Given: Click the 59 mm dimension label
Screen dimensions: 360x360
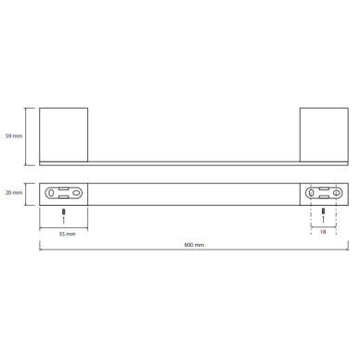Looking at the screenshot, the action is click(x=14, y=135).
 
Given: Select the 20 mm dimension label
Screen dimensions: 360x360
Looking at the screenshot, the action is click(x=14, y=193).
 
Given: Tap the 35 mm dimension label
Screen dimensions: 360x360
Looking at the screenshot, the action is click(x=67, y=234).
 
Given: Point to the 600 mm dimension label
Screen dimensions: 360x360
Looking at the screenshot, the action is click(x=194, y=245).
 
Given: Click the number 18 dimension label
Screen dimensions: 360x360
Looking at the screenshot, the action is click(x=323, y=232).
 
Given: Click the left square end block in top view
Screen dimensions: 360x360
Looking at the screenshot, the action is click(x=64, y=135).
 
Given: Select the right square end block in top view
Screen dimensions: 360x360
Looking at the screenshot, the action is click(x=324, y=135).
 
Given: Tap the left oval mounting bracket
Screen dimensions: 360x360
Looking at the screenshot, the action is click(x=64, y=193).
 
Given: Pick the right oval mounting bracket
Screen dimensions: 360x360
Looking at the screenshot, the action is click(x=324, y=193).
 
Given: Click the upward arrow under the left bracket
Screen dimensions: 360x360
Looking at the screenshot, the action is click(x=64, y=220).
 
